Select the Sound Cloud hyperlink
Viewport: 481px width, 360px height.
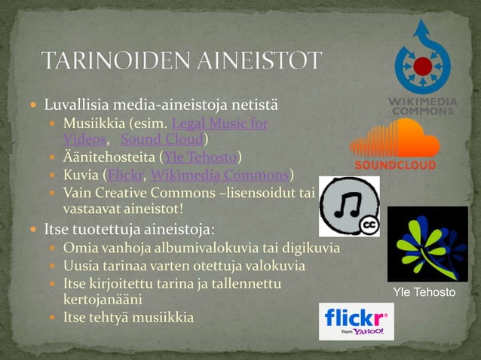[x=161, y=139]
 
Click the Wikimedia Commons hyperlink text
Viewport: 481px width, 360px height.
[x=219, y=175]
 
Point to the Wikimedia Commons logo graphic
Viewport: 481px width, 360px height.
[x=421, y=68]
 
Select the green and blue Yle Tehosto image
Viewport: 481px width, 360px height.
[x=427, y=243]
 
